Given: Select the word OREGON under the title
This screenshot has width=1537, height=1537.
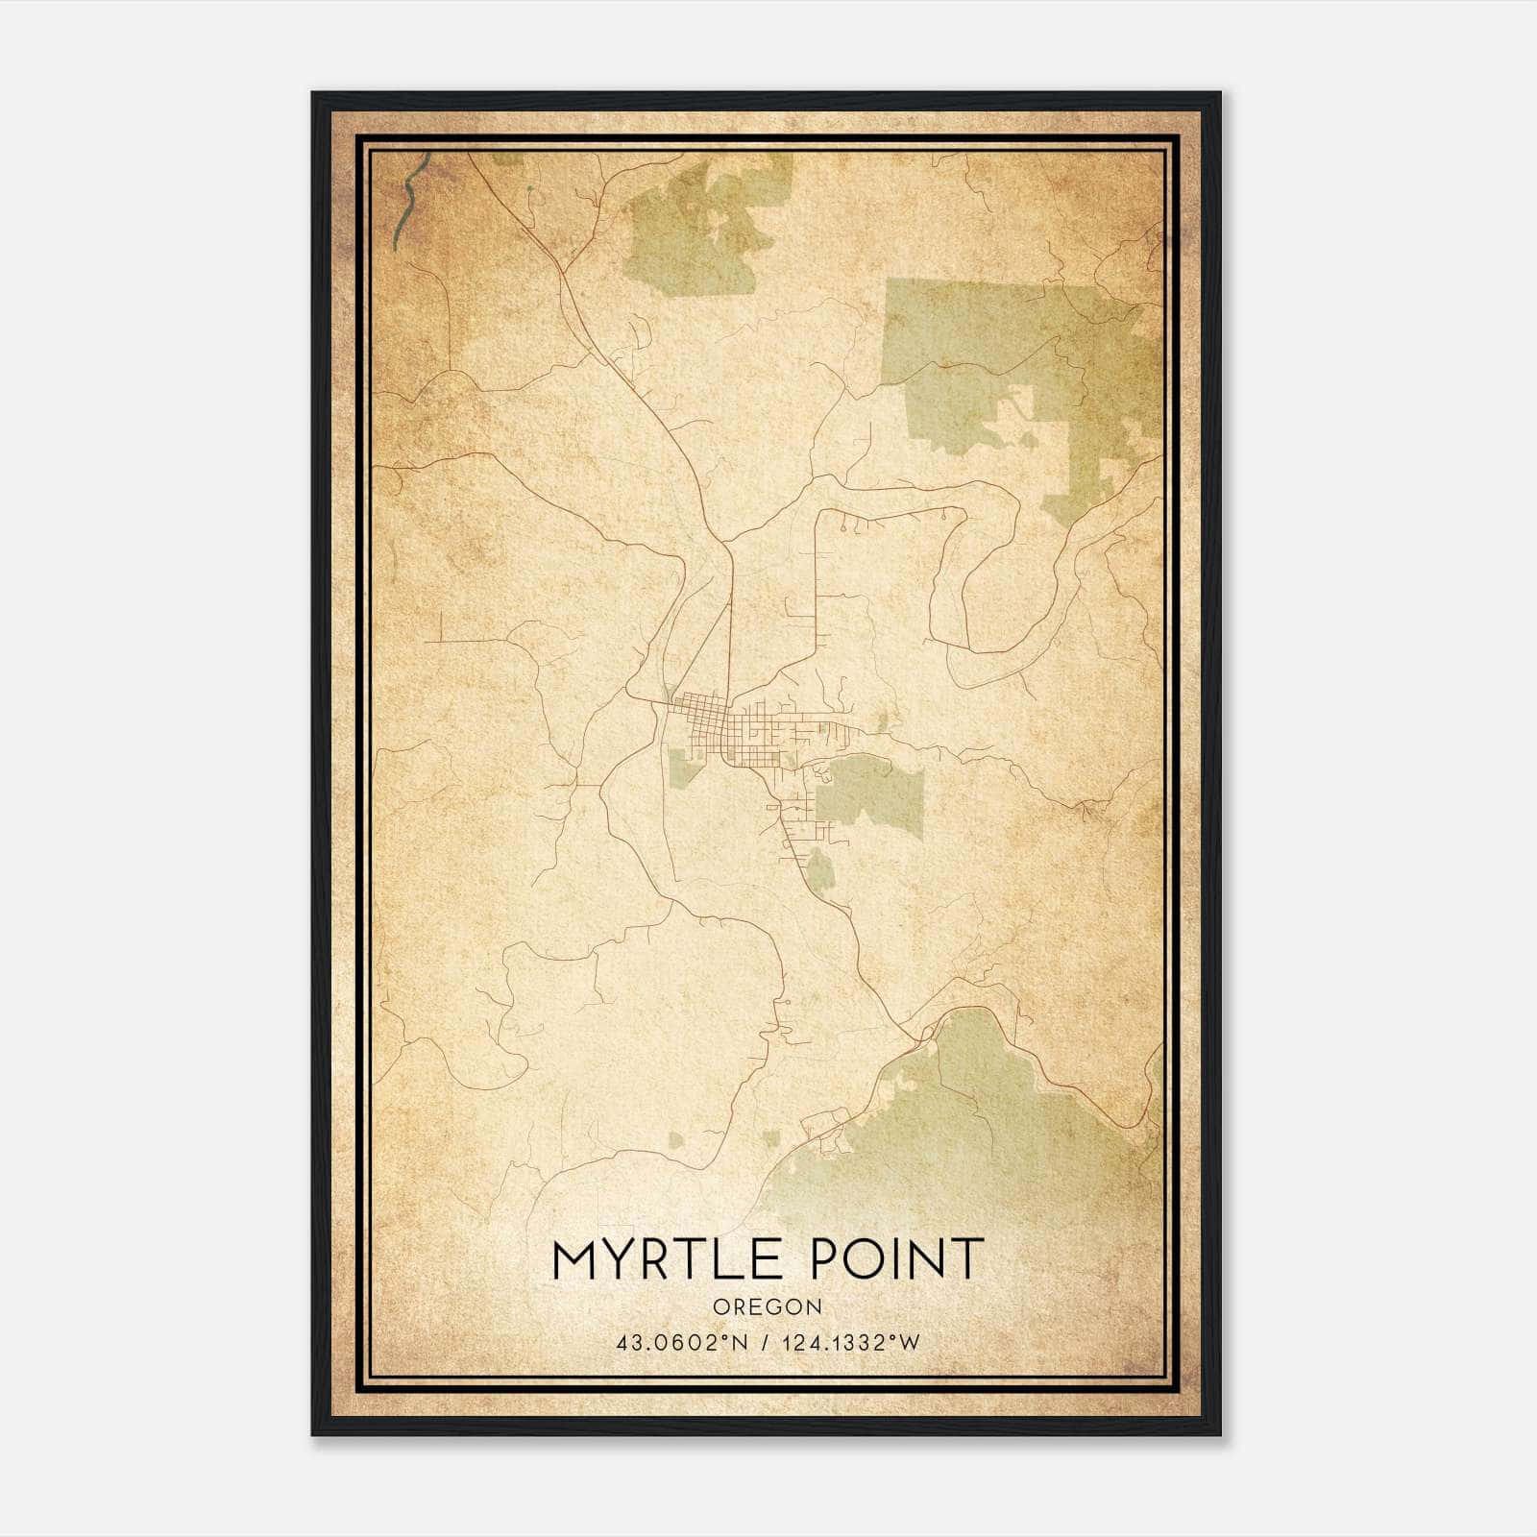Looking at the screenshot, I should pyautogui.click(x=768, y=1306).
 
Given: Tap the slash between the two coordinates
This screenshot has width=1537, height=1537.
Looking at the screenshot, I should pyautogui.click(x=765, y=1342).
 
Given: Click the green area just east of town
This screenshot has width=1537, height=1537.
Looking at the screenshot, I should pyautogui.click(x=874, y=793).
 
